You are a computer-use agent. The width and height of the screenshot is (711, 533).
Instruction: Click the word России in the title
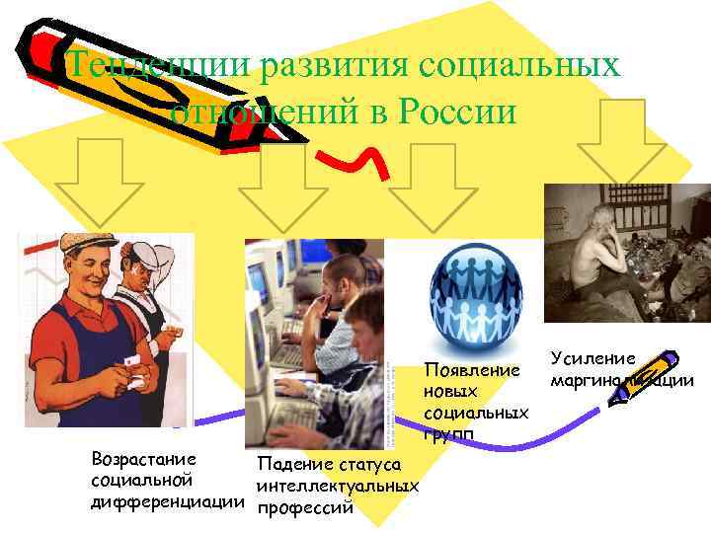(457, 113)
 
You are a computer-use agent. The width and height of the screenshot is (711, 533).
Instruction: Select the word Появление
(472, 371)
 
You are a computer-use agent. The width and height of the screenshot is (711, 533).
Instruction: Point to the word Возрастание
(143, 459)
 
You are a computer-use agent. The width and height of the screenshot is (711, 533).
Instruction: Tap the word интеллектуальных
(337, 487)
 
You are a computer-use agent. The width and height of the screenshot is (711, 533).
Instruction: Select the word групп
(448, 433)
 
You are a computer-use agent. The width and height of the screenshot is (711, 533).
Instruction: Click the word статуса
(367, 465)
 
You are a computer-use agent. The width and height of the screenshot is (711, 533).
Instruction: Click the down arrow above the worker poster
(98, 184)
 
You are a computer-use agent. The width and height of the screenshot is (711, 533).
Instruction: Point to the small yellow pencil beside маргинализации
(643, 376)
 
